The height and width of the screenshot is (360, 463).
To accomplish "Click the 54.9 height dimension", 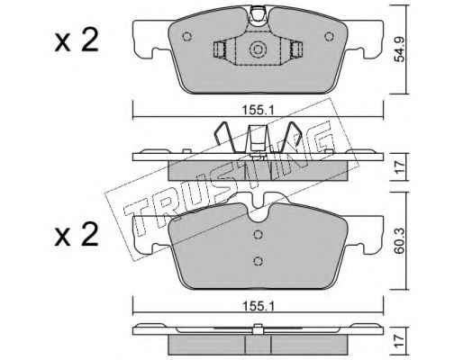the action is (400, 49).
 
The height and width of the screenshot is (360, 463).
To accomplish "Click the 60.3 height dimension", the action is (400, 240).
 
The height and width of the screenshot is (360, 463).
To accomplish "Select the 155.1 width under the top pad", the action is (258, 111).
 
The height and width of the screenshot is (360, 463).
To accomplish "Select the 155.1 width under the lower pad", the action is (258, 306).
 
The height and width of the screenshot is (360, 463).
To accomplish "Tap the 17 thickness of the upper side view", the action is (400, 167).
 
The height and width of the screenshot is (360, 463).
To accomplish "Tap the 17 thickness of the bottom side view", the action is (400, 341).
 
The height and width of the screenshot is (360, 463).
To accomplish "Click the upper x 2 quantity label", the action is (77, 41).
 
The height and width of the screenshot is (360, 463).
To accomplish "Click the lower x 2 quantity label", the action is (77, 236).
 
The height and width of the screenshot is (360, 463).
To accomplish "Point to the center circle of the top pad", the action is (258, 49).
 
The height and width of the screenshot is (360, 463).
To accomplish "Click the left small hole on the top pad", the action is (186, 37).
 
